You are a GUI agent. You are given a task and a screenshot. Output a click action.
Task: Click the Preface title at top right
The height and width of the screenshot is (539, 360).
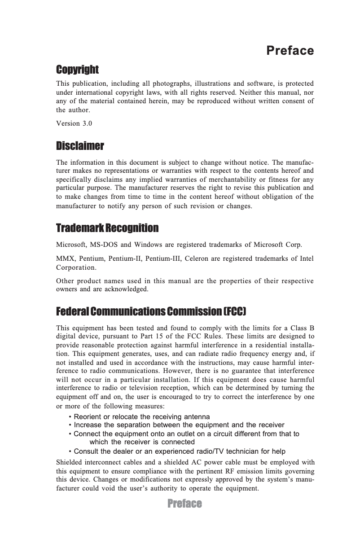tap(290, 51)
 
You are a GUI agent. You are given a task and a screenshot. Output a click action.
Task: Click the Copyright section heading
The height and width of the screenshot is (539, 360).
tap(77, 70)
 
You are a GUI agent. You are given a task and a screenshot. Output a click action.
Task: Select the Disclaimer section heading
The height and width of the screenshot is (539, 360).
tap(80, 146)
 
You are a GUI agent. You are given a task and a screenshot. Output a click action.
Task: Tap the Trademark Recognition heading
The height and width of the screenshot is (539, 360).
tap(107, 228)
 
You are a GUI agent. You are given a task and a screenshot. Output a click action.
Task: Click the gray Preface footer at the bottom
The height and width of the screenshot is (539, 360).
tap(184, 504)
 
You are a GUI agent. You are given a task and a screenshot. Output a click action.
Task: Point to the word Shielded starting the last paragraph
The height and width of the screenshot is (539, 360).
tap(70, 462)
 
